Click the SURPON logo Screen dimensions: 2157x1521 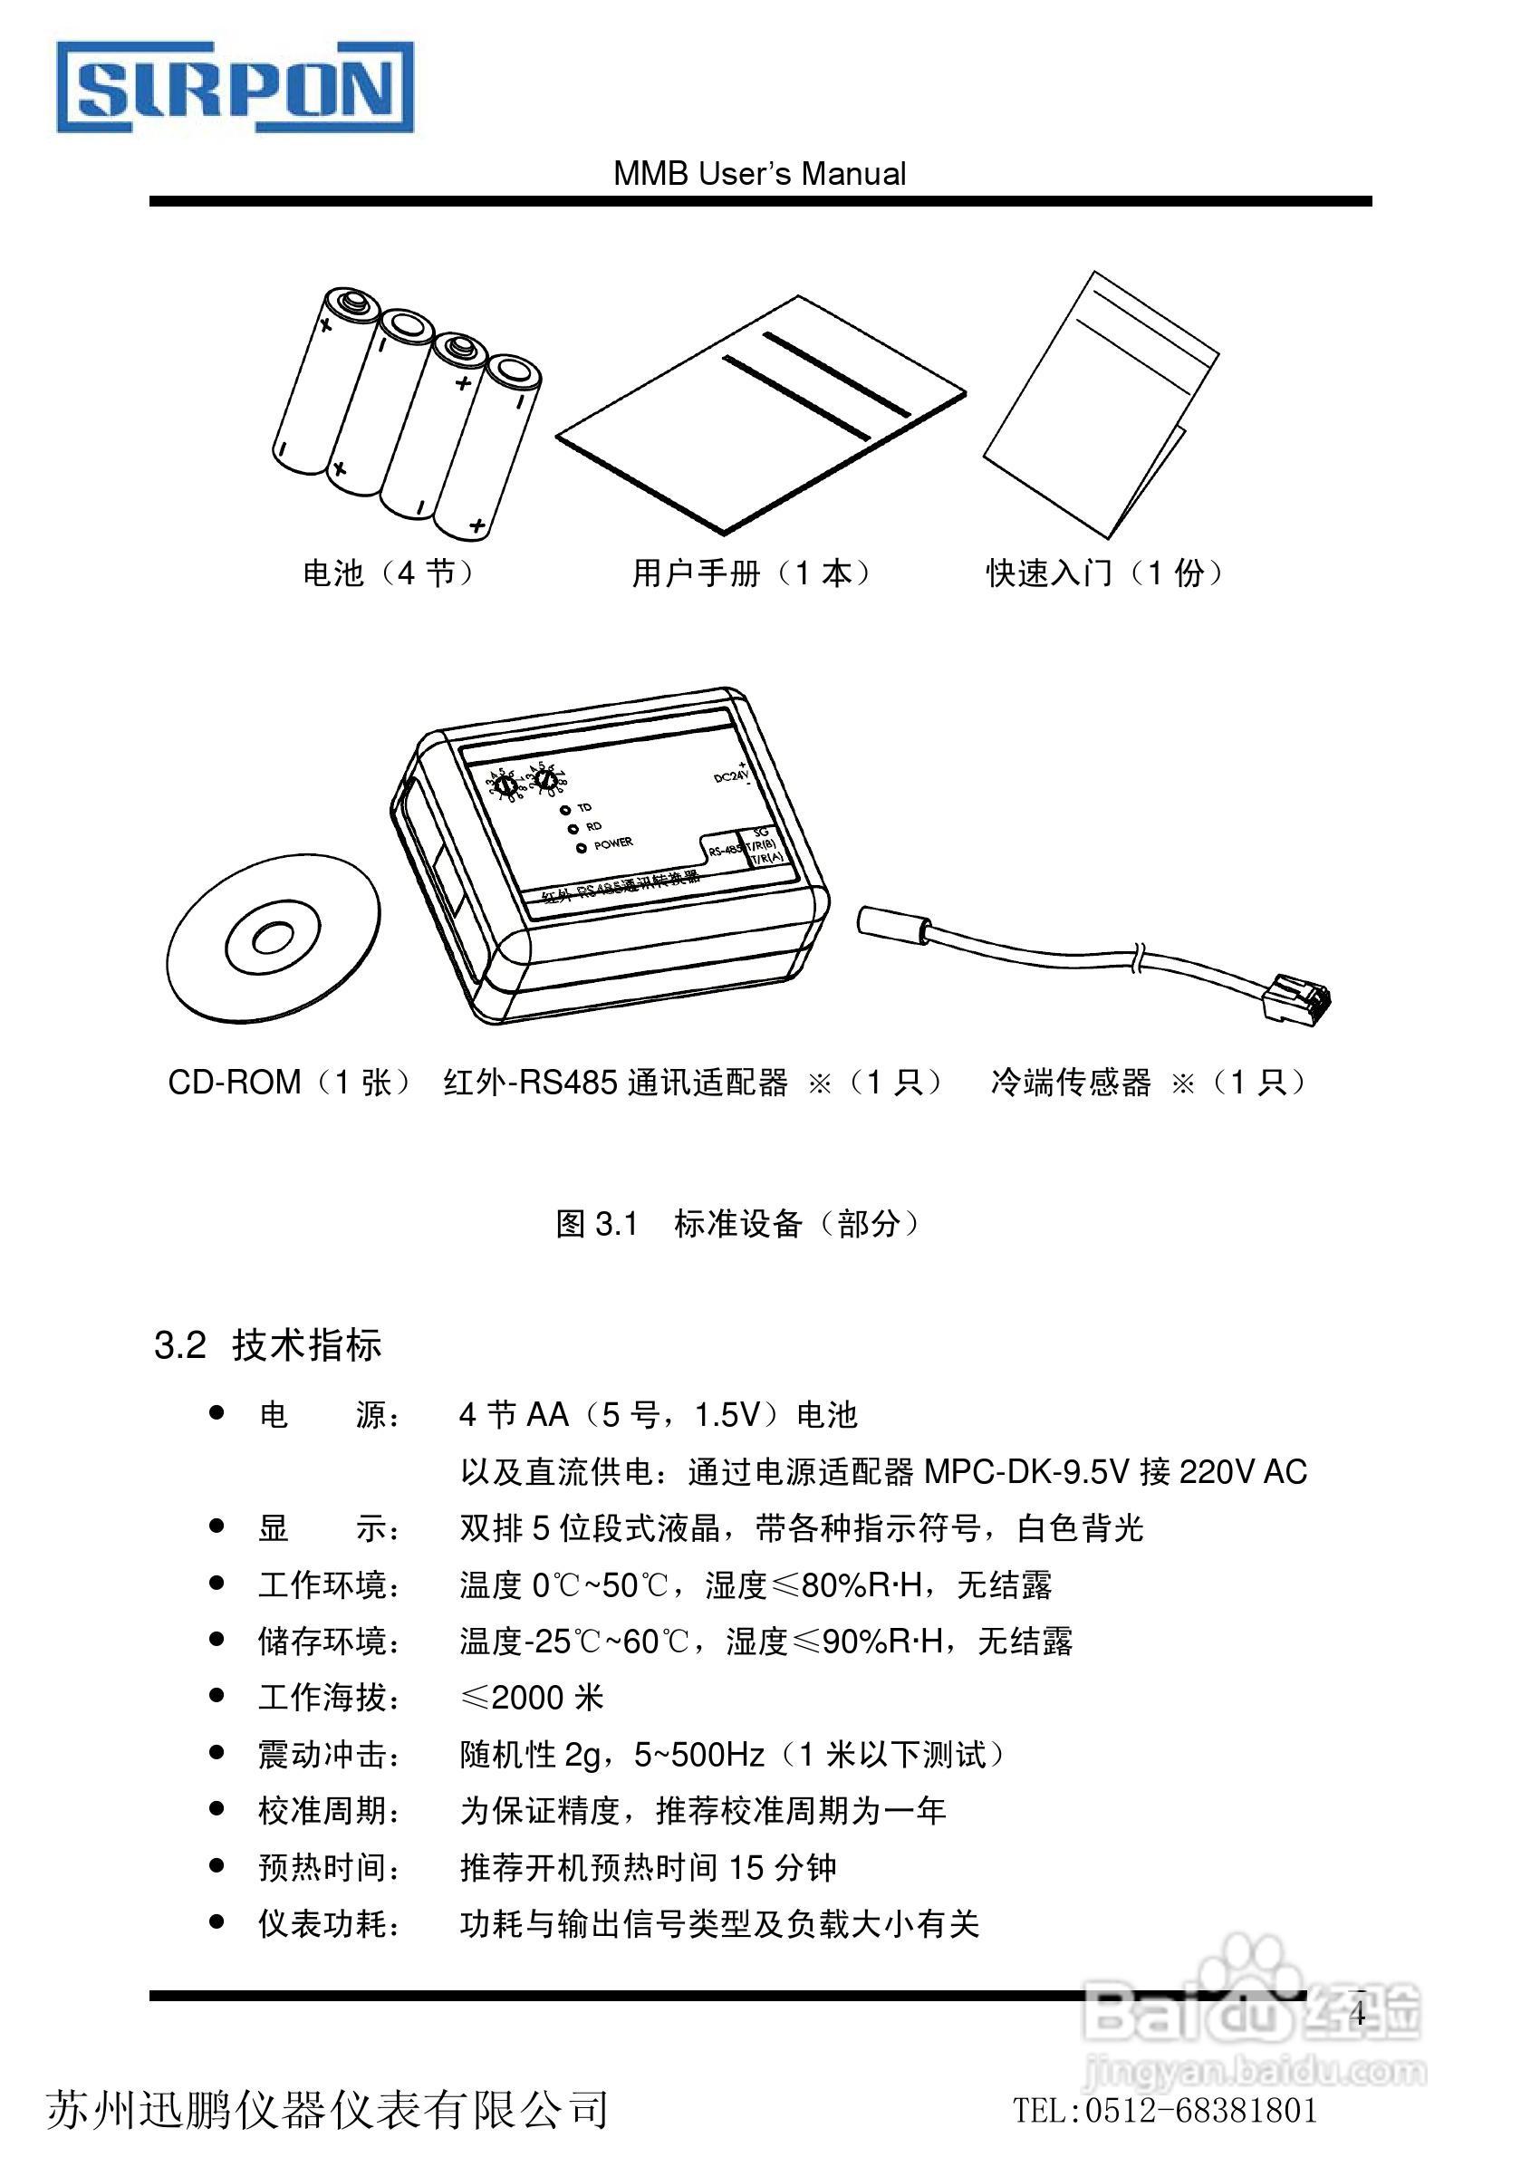[x=235, y=86]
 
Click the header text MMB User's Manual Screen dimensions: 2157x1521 [x=759, y=175]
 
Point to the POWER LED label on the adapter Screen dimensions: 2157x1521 [x=612, y=843]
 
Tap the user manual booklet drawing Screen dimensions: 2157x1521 [x=761, y=413]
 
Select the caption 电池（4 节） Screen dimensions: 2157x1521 [x=387, y=573]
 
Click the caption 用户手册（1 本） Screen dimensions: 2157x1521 [x=752, y=573]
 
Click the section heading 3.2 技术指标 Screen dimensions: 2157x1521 [x=268, y=1345]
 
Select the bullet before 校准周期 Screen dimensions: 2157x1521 [x=217, y=1808]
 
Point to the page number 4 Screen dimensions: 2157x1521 [x=1357, y=2013]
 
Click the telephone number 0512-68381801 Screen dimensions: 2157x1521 [x=1201, y=2111]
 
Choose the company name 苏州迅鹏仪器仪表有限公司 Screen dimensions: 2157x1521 [x=327, y=2109]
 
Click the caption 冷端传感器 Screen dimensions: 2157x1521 [x=1071, y=1083]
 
